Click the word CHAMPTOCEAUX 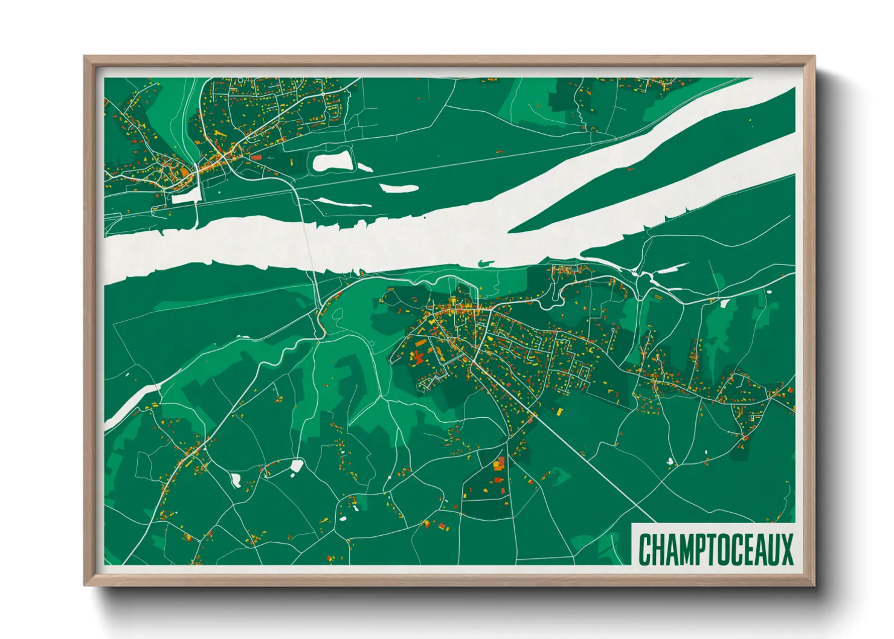click(716, 549)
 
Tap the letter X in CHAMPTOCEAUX click(786, 549)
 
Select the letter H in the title click(658, 549)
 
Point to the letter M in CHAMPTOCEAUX click(687, 549)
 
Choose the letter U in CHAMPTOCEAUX click(773, 549)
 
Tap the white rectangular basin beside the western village click(186, 196)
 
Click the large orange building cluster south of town click(499, 464)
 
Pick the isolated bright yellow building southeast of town click(559, 411)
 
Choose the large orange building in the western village click(184, 172)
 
